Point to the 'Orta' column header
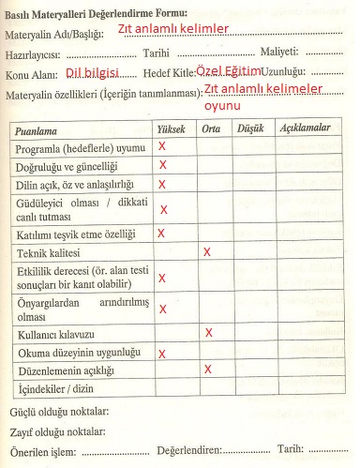pyautogui.click(x=212, y=128)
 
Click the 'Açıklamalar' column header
pyautogui.click(x=305, y=128)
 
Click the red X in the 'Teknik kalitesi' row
pyautogui.click(x=206, y=251)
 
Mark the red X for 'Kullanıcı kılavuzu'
pyautogui.click(x=208, y=332)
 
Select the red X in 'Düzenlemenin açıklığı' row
pyautogui.click(x=206, y=370)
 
